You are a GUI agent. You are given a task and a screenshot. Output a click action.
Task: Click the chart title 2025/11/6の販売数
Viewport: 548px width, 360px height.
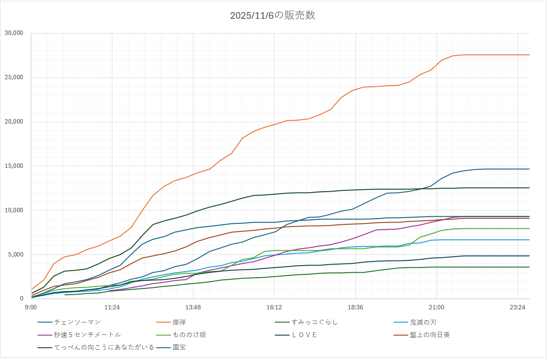pos(273,16)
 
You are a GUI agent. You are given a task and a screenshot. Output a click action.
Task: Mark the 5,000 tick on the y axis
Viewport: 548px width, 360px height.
pos(16,255)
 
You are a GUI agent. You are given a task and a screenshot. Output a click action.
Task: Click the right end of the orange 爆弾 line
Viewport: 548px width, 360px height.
pos(529,55)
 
